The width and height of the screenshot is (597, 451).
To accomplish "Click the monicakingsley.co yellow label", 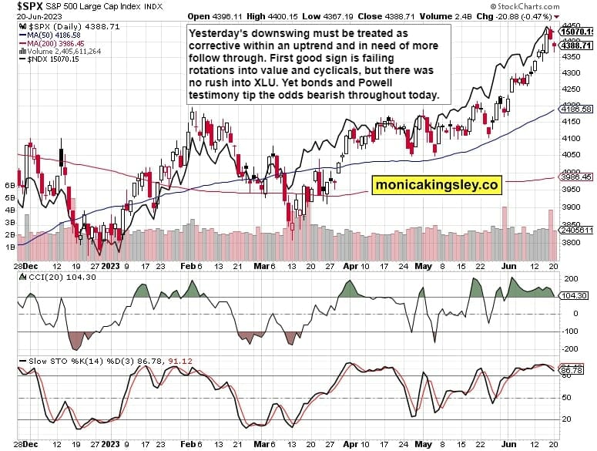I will pos(437,185).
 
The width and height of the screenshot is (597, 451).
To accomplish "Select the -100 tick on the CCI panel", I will pos(572,332).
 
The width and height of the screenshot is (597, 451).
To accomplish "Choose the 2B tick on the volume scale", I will pos(11,234).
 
